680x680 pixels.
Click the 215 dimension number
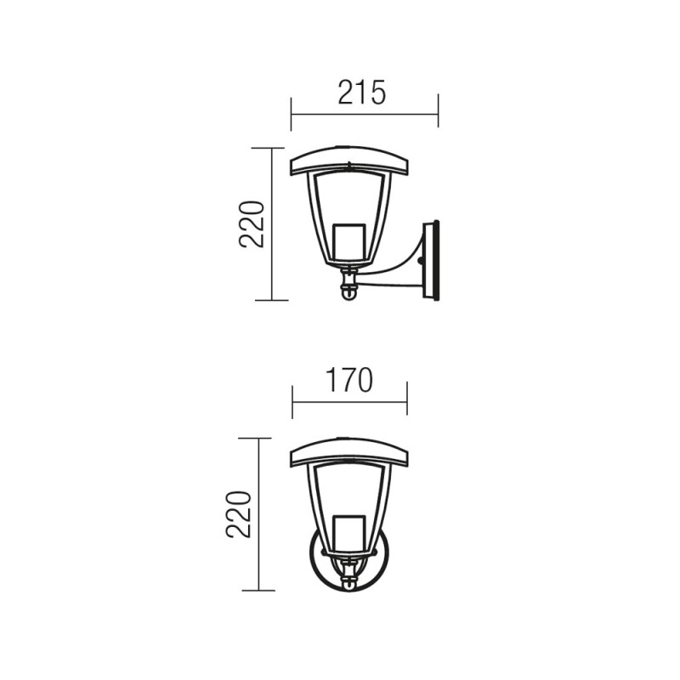[x=362, y=93]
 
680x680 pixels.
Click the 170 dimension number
[x=349, y=380]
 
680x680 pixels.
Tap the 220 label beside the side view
[x=252, y=224]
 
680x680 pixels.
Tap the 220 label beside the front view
[x=239, y=514]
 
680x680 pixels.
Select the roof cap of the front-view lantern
[x=349, y=452]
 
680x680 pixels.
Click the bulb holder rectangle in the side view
[x=349, y=240]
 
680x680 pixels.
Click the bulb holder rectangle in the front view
[x=349, y=531]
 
